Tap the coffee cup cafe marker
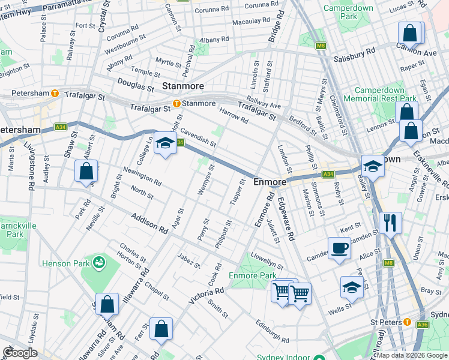click(339, 248)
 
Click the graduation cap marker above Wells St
click(352, 287)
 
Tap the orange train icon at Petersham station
click(55, 93)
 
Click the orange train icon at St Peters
click(408, 323)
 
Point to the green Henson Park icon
click(98, 262)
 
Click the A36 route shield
click(423, 325)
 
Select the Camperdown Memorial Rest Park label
click(384, 94)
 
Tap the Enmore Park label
click(253, 275)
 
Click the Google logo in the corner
click(20, 353)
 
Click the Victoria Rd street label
click(206, 294)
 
